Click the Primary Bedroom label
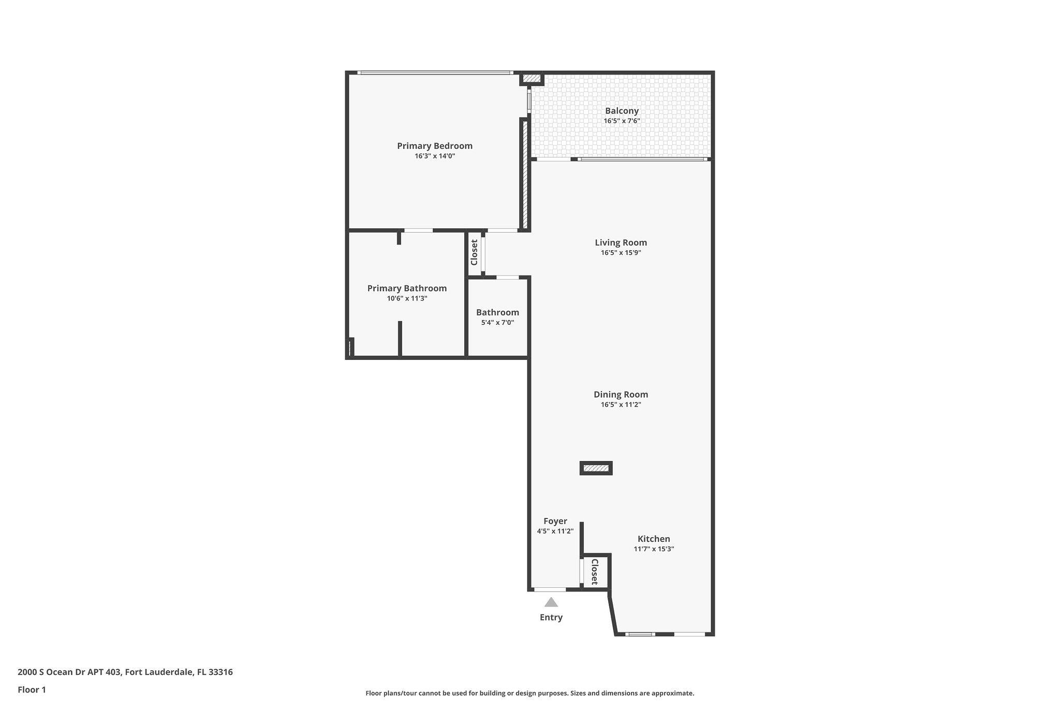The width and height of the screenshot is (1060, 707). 435,146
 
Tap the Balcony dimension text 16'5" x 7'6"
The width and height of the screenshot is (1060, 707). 622,121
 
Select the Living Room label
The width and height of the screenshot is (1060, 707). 621,242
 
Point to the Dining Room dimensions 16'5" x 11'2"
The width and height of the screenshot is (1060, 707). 621,405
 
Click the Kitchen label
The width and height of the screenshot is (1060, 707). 654,539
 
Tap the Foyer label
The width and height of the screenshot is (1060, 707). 555,521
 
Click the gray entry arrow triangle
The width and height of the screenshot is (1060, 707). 551,602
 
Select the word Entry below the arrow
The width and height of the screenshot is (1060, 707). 551,617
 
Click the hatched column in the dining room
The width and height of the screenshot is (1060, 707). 596,468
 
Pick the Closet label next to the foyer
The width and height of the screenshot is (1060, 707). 595,572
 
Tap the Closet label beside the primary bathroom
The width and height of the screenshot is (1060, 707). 474,252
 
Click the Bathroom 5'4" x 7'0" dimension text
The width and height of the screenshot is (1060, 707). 497,323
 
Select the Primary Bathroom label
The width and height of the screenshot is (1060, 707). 407,288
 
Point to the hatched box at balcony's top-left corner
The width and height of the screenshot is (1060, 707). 531,79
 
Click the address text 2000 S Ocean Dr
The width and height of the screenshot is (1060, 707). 69,672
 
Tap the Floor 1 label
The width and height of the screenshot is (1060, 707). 32,690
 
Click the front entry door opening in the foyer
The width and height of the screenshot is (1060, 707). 550,589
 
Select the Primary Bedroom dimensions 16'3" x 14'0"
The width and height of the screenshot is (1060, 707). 435,156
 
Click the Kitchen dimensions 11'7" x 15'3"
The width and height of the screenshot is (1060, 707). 654,549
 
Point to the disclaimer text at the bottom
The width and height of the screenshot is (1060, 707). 530,693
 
